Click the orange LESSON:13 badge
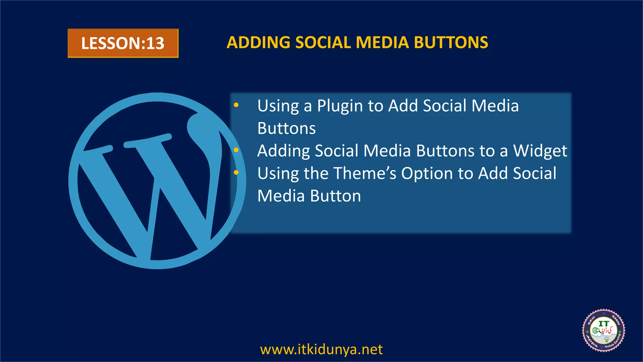click(123, 43)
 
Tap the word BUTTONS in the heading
click(451, 42)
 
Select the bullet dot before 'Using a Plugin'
click(236, 105)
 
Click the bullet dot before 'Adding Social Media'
click(236, 150)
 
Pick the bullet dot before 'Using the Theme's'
click(236, 173)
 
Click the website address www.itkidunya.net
click(321, 349)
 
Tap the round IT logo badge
click(603, 330)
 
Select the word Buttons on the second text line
click(286, 128)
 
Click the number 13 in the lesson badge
click(155, 43)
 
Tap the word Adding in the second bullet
click(284, 151)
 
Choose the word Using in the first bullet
click(278, 106)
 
